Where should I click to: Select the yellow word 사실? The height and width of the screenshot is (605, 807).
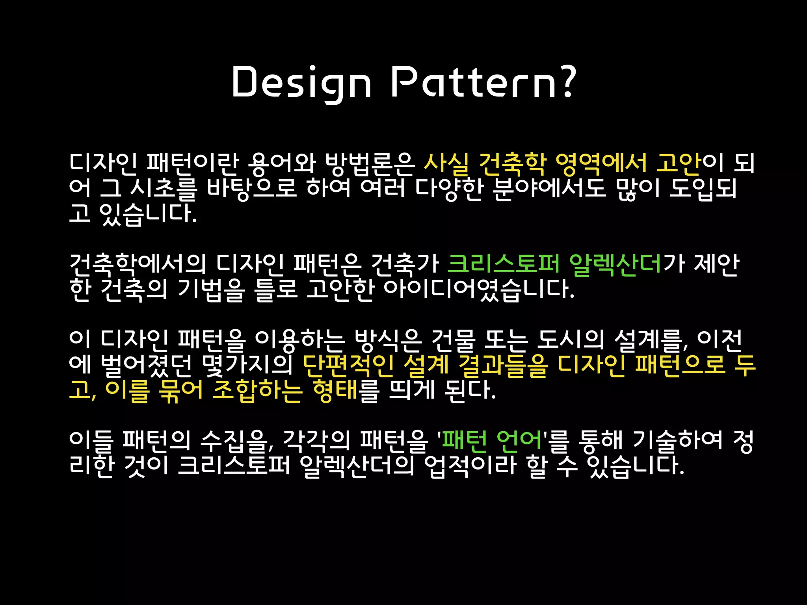click(446, 163)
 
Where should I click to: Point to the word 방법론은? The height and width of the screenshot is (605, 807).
click(370, 163)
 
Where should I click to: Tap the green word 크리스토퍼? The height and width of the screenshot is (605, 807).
click(503, 264)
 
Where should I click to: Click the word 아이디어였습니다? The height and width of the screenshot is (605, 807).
click(479, 289)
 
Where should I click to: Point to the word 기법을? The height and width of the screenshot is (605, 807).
click(211, 289)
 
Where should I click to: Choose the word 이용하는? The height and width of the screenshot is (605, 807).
click(299, 340)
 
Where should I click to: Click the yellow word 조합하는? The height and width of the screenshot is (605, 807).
click(257, 390)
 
